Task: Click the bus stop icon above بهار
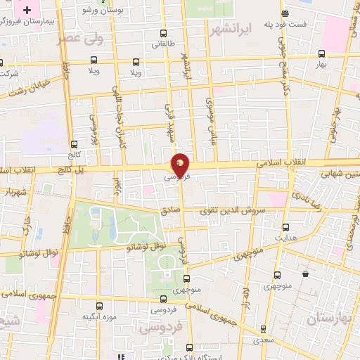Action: click(x=321, y=53)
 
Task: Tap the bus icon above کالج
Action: click(x=74, y=143)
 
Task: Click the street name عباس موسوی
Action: click(x=209, y=115)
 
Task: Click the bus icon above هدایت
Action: click(x=285, y=227)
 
